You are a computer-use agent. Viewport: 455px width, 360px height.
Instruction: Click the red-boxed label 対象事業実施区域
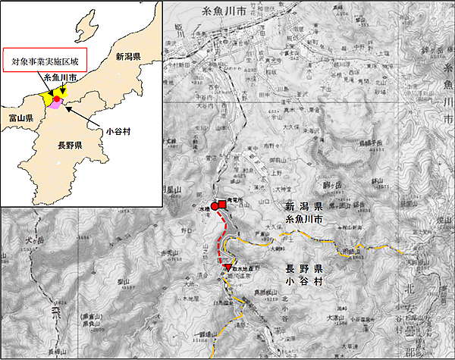[x=44, y=61]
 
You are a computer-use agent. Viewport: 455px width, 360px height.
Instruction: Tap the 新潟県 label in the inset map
[x=130, y=56]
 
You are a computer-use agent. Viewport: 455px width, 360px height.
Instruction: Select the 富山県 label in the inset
[x=20, y=119]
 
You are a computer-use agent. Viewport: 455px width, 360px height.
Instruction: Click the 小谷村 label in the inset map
[x=119, y=130]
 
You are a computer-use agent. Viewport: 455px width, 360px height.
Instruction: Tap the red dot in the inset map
[x=57, y=99]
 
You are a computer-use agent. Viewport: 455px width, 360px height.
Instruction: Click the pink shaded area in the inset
[x=55, y=107]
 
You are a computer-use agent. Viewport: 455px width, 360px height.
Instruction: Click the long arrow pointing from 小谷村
[x=87, y=118]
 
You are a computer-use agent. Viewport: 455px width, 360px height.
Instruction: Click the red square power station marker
[x=223, y=204]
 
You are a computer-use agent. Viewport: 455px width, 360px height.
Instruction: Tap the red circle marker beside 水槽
[x=215, y=205]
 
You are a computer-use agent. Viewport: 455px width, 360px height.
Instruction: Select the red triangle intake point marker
[x=228, y=269]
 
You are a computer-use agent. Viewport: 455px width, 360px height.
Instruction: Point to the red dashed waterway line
[x=221, y=239]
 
